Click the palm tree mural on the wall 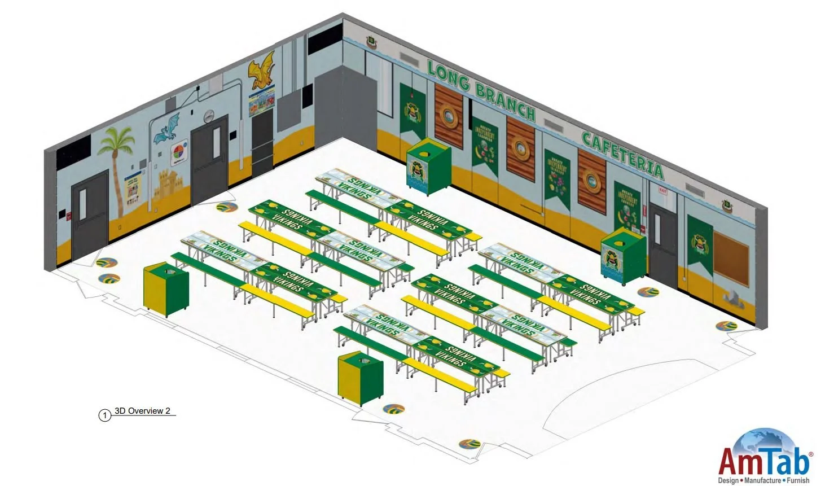(x=117, y=164)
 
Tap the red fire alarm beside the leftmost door (x=69, y=216)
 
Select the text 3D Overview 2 (x=142, y=411)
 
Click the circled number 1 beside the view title (x=104, y=415)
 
